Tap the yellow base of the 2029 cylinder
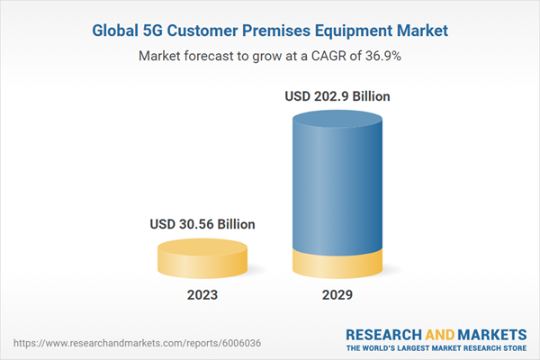[339, 264]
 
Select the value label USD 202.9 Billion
[338, 94]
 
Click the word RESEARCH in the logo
[385, 334]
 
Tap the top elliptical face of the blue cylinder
[339, 120]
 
